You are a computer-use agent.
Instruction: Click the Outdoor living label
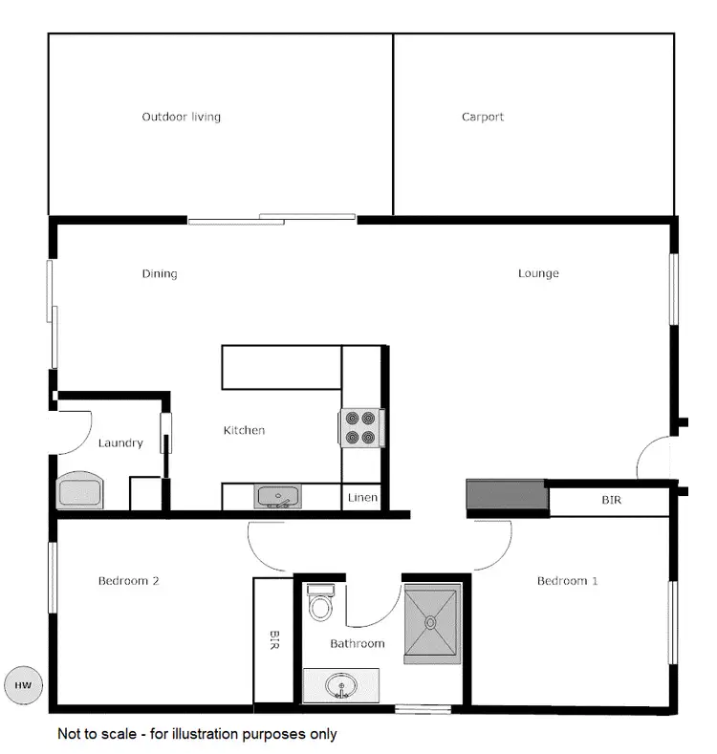[x=181, y=118]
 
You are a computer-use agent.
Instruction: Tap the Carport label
[x=483, y=118]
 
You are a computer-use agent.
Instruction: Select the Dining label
[x=160, y=274]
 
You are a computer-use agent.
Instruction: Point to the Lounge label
[x=538, y=274]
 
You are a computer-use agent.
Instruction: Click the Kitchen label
[x=244, y=431]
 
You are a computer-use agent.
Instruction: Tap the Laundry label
[x=120, y=443]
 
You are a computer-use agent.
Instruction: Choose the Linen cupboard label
[x=362, y=498]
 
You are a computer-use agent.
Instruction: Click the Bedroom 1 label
[x=567, y=581]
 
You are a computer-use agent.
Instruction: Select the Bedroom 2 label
[x=128, y=581]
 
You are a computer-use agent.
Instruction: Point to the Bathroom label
[x=358, y=644]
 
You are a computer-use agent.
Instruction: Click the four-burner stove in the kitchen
[x=361, y=428]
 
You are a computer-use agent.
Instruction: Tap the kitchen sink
[x=277, y=497]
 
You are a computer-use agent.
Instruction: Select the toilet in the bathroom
[x=319, y=605]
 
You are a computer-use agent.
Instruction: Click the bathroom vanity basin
[x=339, y=685]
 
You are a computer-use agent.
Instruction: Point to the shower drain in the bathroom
[x=431, y=622]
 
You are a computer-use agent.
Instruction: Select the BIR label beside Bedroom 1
[x=611, y=500]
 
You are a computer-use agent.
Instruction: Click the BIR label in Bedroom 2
[x=274, y=639]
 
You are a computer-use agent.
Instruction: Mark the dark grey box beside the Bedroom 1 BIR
[x=506, y=496]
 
